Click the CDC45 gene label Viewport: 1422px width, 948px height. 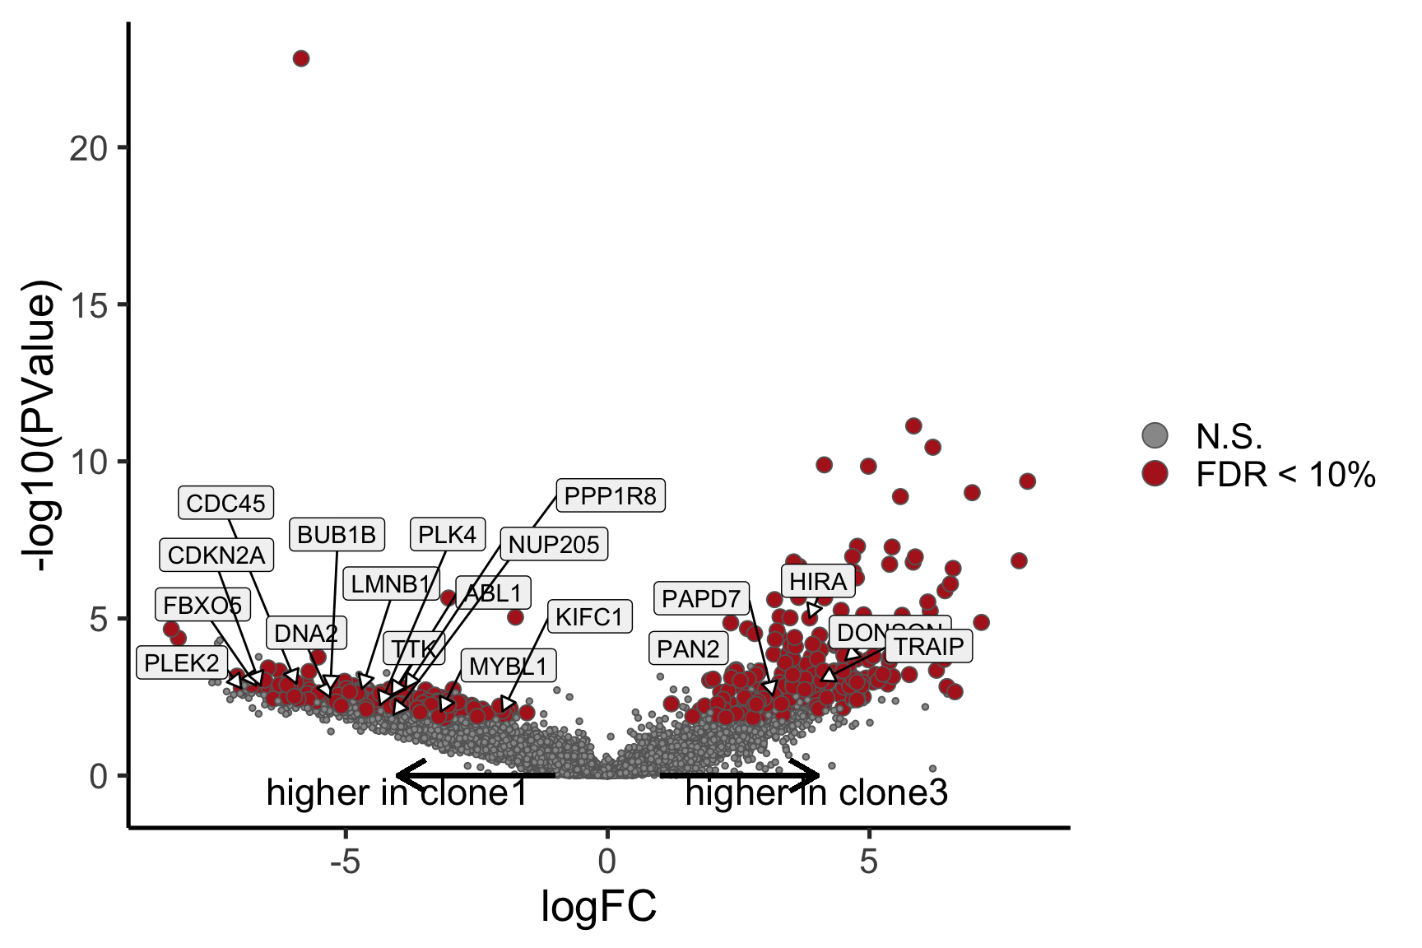pyautogui.click(x=226, y=503)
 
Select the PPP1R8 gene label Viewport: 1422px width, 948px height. pyautogui.click(x=610, y=496)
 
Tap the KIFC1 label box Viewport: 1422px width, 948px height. pyautogui.click(x=589, y=616)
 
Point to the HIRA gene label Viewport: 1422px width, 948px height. pyautogui.click(x=817, y=582)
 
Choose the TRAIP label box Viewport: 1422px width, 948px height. pyautogui.click(x=928, y=646)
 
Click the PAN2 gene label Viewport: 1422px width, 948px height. pyautogui.click(x=688, y=648)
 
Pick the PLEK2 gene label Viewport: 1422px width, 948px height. pyautogui.click(x=182, y=662)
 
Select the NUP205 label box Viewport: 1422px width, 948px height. pyautogui.click(x=554, y=544)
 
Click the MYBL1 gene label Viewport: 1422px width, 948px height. pyautogui.click(x=508, y=666)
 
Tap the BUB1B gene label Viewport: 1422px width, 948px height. pyautogui.click(x=337, y=535)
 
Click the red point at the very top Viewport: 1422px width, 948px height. pyautogui.click(x=301, y=58)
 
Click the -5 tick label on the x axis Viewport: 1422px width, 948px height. pyautogui.click(x=345, y=862)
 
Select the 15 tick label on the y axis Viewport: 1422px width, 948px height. pyautogui.click(x=89, y=305)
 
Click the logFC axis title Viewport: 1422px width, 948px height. pyautogui.click(x=598, y=907)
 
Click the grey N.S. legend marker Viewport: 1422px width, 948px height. pyautogui.click(x=1155, y=435)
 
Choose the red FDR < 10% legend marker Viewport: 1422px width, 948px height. pyautogui.click(x=1155, y=473)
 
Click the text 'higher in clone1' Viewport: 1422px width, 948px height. pyautogui.click(x=397, y=792)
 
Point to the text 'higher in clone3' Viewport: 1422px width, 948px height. pyautogui.click(x=816, y=792)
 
